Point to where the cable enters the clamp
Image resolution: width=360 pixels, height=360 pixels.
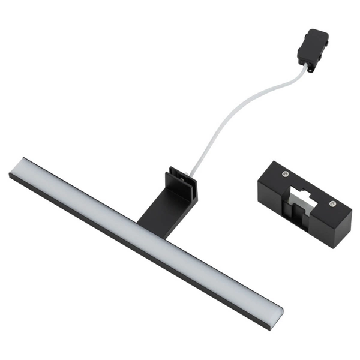(x=190, y=175)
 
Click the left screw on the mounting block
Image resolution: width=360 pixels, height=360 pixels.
(x=285, y=173)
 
